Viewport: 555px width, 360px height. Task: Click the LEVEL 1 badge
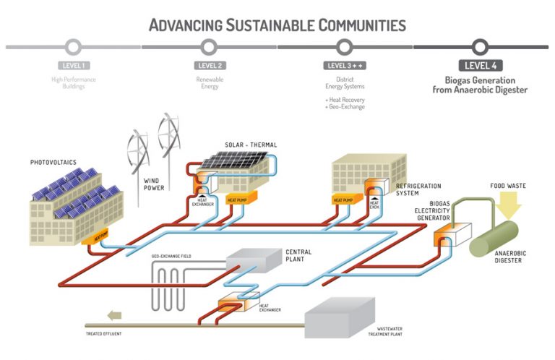[x=72, y=66]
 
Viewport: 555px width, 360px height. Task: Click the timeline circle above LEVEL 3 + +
[x=344, y=47]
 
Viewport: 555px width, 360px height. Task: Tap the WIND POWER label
[x=153, y=184]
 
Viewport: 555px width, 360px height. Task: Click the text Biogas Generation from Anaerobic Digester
[x=480, y=85]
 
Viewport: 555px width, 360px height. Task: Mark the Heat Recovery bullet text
[x=345, y=100]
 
